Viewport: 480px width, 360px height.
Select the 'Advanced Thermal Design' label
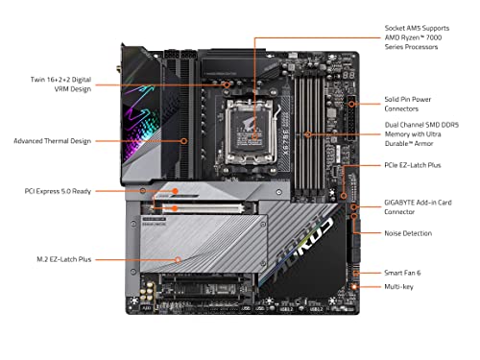tap(52, 140)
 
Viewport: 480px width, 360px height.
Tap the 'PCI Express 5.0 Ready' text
tap(58, 191)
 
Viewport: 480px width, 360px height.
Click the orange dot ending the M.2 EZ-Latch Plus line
tap(180, 259)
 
